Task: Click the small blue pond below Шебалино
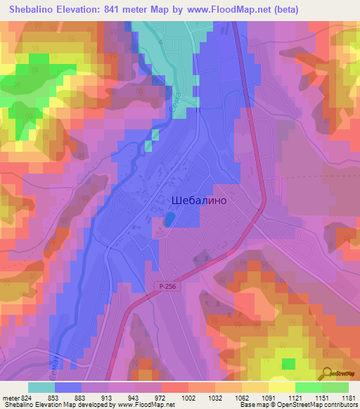pyautogui.click(x=169, y=221)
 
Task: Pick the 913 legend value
pyautogui.click(x=93, y=397)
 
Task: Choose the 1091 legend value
pyautogui.click(x=269, y=397)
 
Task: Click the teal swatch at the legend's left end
pyautogui.click(x=41, y=387)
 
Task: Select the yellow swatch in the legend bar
pyautogui.click(x=281, y=387)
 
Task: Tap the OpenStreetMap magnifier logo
pyautogui.click(x=328, y=373)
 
